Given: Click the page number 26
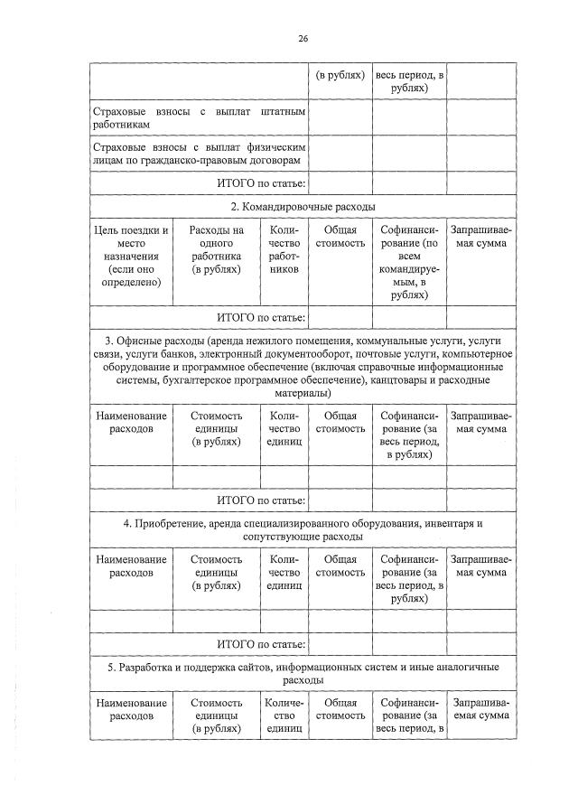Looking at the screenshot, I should coord(303,38).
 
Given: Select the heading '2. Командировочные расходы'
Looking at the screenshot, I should coord(303,207).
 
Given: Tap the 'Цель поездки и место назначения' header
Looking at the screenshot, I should coord(131,256).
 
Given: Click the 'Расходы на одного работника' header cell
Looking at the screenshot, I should coord(216,249).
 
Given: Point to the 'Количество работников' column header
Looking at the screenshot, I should coord(284,256).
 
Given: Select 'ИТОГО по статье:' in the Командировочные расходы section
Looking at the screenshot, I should coord(262,317).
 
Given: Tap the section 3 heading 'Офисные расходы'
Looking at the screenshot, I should coord(303,367).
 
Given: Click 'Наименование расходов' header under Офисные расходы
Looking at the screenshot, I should coord(131,422).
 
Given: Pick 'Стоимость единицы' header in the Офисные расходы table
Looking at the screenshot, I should coord(216,428).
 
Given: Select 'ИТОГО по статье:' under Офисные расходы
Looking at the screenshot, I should coord(262,500).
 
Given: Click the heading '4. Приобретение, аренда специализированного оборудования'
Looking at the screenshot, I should coord(303,529).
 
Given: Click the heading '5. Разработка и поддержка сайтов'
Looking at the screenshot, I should coord(303,672).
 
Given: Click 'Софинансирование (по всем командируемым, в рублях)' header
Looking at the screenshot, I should coord(409,262).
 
